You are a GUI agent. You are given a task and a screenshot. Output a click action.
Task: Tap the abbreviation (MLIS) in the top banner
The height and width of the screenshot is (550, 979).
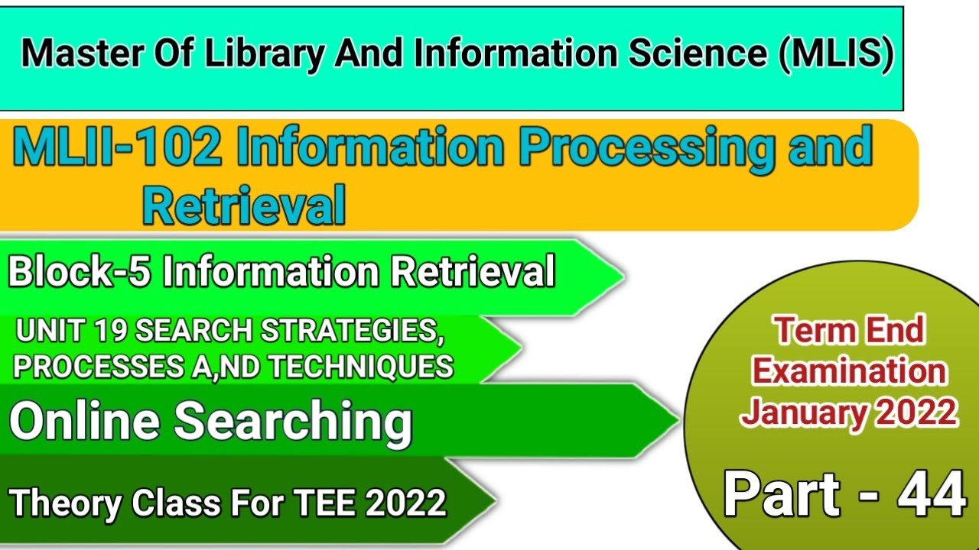838,57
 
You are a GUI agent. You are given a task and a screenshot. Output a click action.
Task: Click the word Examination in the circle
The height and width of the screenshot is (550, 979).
849,372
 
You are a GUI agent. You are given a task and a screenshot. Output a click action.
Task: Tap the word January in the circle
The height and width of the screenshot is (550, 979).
800,412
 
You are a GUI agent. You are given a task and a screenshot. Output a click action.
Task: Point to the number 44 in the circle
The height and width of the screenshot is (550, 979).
932,494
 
